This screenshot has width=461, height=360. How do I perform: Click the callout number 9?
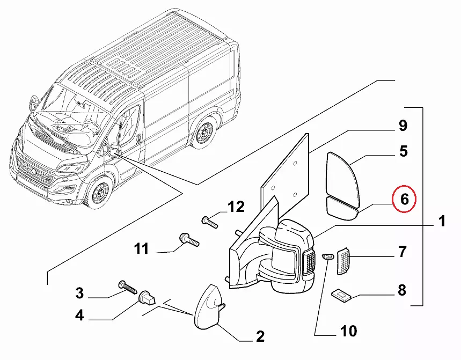403,126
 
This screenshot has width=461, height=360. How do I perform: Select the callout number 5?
403,151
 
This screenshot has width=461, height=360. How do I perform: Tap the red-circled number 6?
404,199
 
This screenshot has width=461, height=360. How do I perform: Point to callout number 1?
441,221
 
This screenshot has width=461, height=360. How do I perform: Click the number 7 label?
401,251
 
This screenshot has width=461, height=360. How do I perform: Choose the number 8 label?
401,291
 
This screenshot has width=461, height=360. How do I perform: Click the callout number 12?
236,207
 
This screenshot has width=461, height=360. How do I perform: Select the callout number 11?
141,249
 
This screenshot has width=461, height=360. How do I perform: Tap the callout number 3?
79,293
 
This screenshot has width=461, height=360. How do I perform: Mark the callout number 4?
79,315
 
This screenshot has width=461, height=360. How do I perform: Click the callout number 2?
260,337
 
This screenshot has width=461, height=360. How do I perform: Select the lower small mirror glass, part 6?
341,208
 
